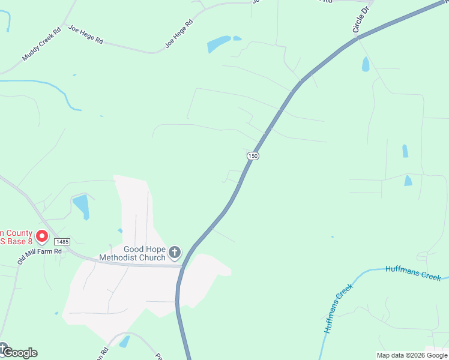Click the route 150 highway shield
click(x=253, y=155)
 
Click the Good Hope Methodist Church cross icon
click(x=175, y=252)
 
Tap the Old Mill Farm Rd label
click(x=40, y=251)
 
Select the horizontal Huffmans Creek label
click(x=413, y=273)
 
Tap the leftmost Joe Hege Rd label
click(x=86, y=35)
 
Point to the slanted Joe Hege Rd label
click(x=179, y=34)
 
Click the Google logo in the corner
click(x=19, y=352)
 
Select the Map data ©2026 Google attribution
click(x=412, y=355)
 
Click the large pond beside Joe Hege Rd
click(x=218, y=44)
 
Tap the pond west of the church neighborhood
click(x=81, y=206)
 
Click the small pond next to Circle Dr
click(x=366, y=64)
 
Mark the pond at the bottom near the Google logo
click(x=124, y=341)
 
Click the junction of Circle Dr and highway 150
click(x=356, y=38)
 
